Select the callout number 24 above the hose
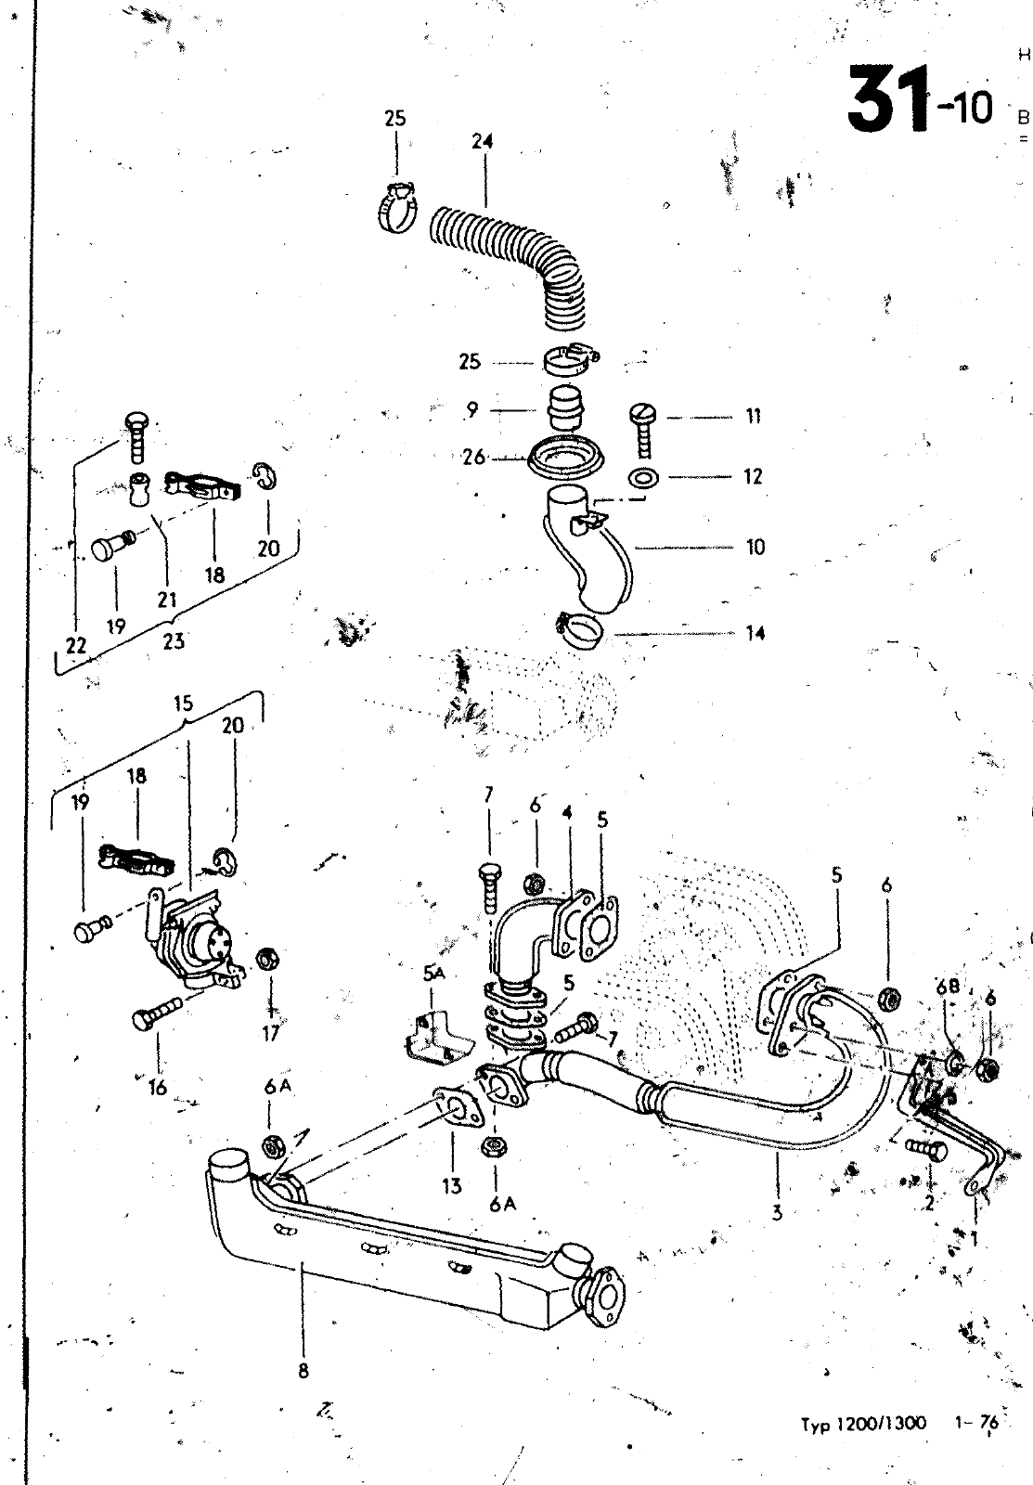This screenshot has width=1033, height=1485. [481, 142]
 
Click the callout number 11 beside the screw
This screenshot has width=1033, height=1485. [753, 417]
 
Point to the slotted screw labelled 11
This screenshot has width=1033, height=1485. [641, 428]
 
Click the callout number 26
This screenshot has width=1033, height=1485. [473, 458]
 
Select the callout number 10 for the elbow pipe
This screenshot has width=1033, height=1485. [755, 547]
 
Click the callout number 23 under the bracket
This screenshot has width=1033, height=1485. [174, 640]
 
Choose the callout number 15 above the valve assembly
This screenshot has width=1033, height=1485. [183, 704]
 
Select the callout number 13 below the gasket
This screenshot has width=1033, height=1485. [452, 1187]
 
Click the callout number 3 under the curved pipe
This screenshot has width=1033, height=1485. [777, 1210]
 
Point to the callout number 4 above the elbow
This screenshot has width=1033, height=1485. [567, 812]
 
